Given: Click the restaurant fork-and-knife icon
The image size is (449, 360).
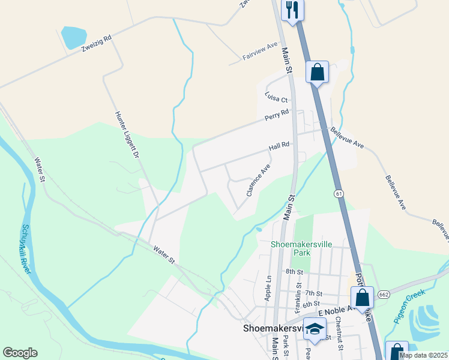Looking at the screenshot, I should pos(292,9).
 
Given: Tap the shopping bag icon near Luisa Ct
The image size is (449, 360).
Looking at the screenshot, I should pos(317,73).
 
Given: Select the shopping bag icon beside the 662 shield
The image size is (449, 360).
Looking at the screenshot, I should pos(362,297).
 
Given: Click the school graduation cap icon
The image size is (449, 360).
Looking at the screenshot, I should pos(314,329).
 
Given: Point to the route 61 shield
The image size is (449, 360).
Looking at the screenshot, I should pos(339,193).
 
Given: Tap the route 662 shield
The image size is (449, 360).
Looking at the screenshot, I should pos(384,295).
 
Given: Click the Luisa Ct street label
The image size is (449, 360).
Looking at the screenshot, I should pos(277,95).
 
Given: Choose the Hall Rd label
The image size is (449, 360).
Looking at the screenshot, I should pos(279,146).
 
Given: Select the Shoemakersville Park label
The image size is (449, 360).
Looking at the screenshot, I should pos(290,248).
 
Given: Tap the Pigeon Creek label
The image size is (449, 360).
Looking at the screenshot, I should pos(410,306).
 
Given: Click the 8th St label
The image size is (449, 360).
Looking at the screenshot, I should pos(294,272).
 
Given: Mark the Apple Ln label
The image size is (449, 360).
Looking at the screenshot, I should pos(268,287).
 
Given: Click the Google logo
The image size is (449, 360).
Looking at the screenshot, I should pos(20,353).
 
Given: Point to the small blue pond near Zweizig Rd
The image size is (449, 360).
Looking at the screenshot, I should pos(73,37).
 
